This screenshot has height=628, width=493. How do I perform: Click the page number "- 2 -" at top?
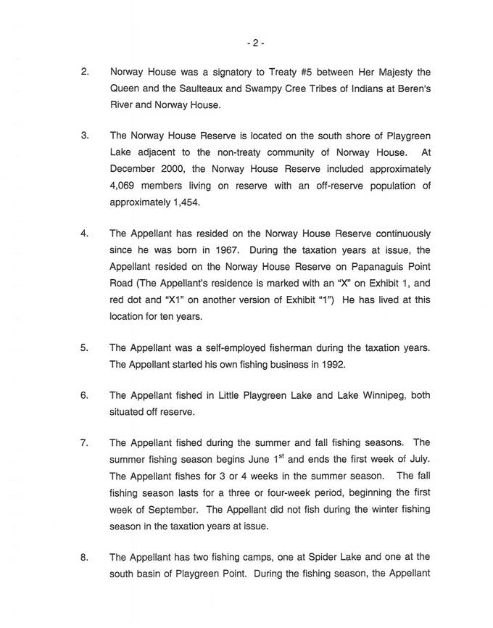tap(255, 43)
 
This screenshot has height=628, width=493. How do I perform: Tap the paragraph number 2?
tap(85, 72)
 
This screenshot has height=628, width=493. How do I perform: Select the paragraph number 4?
tap(85, 234)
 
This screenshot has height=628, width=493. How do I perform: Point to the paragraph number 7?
tap(85, 442)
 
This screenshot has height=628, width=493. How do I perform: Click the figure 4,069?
tap(125, 186)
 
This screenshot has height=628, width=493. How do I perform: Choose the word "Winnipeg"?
tap(370, 396)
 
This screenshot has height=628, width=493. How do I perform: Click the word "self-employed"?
tap(225, 347)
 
